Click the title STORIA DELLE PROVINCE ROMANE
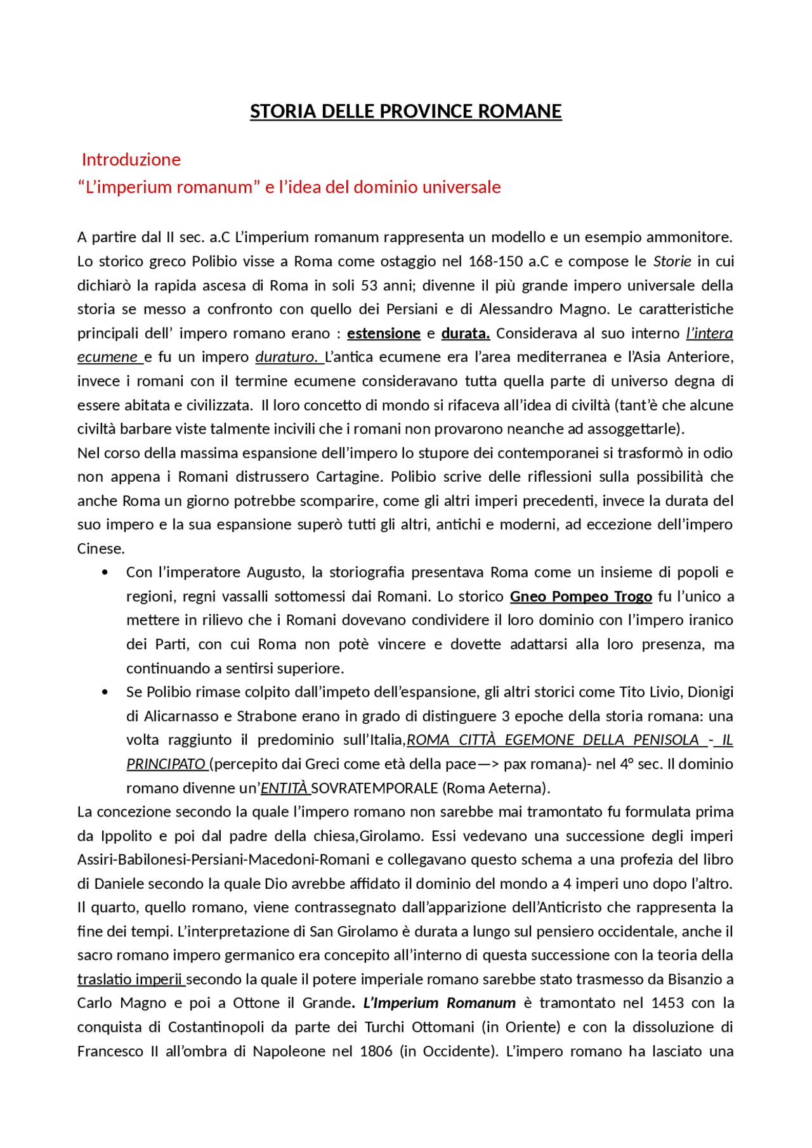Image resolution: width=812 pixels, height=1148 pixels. pyautogui.click(x=405, y=112)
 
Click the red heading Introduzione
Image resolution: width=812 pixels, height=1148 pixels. pyautogui.click(x=131, y=160)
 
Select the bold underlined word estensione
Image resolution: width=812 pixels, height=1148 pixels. pyautogui.click(x=384, y=333)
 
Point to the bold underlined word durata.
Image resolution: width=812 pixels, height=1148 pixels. pyautogui.click(x=465, y=333)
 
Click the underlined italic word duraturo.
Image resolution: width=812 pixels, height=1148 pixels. pyautogui.click(x=287, y=357)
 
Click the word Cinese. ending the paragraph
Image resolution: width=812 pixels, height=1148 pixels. pyautogui.click(x=101, y=549)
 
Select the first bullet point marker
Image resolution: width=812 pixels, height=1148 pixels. pyautogui.click(x=105, y=573)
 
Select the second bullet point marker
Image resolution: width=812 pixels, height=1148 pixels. pyautogui.click(x=105, y=692)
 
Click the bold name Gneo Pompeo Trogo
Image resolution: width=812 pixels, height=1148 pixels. pyautogui.click(x=580, y=597)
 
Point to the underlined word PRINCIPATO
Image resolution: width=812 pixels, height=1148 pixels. pyautogui.click(x=166, y=764)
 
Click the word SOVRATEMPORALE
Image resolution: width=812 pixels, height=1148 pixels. pyautogui.click(x=374, y=789)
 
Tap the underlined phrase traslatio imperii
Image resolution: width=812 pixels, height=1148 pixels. pyautogui.click(x=130, y=979)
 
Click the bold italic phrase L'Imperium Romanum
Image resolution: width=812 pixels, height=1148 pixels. pyautogui.click(x=439, y=1003)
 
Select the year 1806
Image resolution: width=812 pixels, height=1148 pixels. pyautogui.click(x=376, y=1052)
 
